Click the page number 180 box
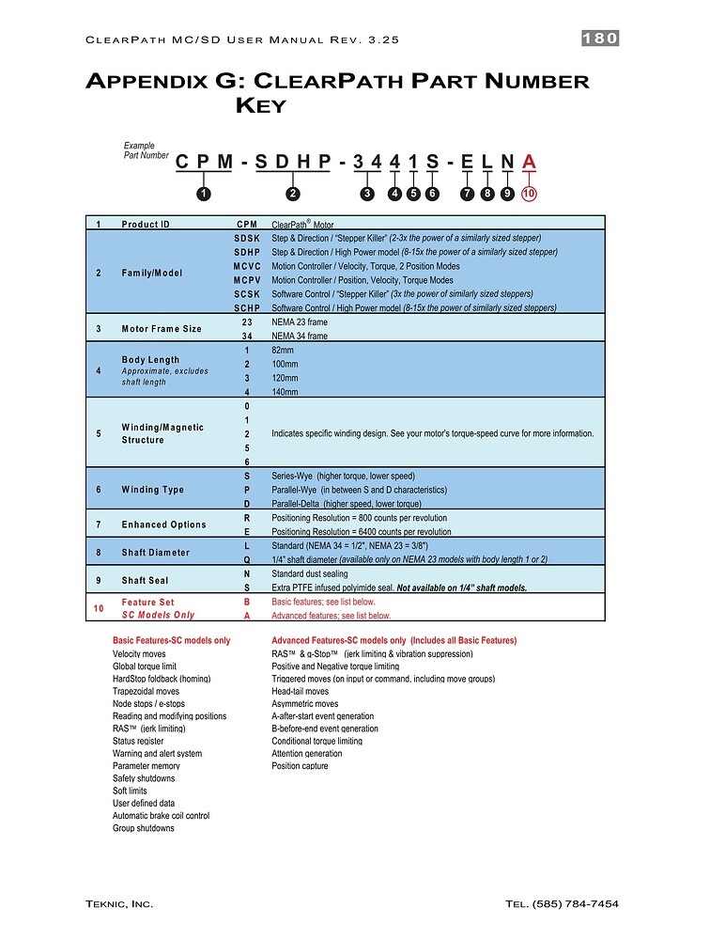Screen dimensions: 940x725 [599, 39]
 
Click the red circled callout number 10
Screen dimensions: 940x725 [529, 194]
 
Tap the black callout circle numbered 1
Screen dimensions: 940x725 [203, 194]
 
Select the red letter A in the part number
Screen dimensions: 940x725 [529, 163]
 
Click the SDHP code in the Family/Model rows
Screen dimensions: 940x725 [247, 252]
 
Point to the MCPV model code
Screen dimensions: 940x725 [247, 280]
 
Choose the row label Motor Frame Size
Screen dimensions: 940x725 [162, 329]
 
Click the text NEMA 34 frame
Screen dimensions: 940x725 [300, 336]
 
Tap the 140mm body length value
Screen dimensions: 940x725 [285, 392]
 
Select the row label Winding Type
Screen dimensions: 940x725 [153, 490]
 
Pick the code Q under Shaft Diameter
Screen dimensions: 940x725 [247, 559]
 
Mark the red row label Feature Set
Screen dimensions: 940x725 [148, 602]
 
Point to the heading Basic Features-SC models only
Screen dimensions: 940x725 [171, 641]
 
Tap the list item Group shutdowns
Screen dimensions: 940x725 [143, 828]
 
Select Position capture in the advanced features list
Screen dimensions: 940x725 [300, 766]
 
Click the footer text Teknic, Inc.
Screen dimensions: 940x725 [119, 903]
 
